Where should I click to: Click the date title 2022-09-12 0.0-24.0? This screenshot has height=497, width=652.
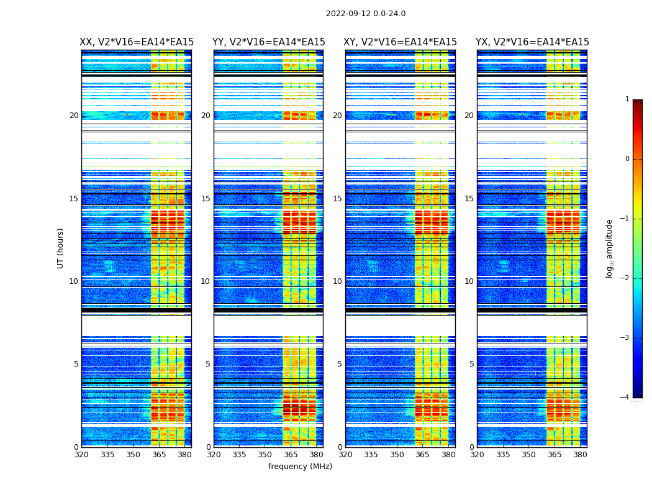tap(366, 14)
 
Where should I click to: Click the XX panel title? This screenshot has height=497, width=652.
tap(137, 42)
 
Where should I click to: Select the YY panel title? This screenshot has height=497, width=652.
tap(268, 42)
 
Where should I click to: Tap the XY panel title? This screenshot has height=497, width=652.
tap(401, 42)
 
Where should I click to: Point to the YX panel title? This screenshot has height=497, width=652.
tap(532, 42)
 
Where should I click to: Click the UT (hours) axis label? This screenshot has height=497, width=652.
tap(61, 248)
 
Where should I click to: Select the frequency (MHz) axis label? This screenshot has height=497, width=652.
tap(300, 467)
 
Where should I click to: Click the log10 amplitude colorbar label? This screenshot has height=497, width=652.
tap(610, 248)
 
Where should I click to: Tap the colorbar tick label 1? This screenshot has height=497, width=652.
tap(627, 99)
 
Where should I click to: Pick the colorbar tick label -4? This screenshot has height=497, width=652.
tap(625, 398)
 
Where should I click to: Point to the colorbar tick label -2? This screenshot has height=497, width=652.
tap(625, 278)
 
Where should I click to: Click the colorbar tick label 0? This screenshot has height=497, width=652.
tap(627, 159)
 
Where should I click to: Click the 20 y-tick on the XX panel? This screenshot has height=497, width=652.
tap(74, 116)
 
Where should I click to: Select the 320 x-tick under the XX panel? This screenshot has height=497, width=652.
tap(81, 455)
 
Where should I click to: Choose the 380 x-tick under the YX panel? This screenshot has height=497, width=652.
tap(580, 455)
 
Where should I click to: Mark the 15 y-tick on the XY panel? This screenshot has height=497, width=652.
tap(337, 199)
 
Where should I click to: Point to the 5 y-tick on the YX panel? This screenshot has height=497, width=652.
tap(471, 364)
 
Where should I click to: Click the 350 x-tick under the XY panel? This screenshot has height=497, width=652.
tap(397, 455)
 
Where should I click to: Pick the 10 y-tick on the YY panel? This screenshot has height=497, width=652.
tap(205, 281)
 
